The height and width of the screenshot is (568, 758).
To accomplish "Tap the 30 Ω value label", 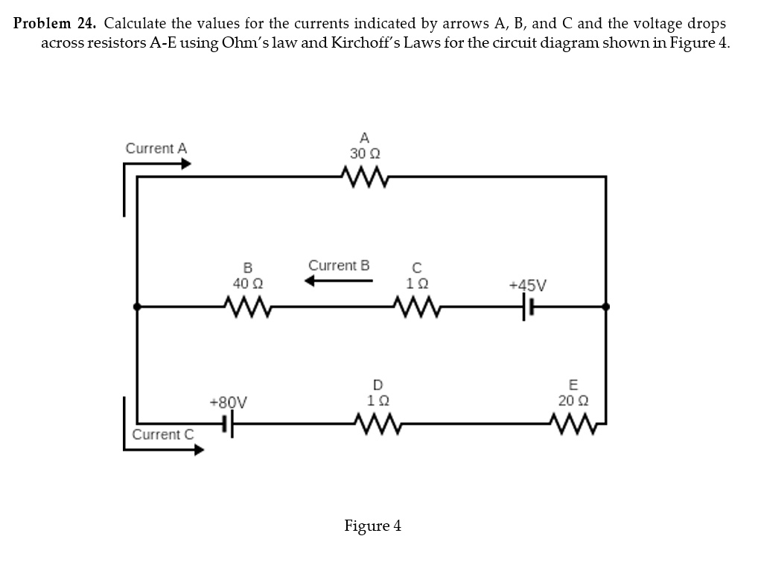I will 365,154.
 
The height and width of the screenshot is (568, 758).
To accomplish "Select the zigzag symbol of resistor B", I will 247,305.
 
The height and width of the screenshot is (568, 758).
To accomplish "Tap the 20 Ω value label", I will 573,401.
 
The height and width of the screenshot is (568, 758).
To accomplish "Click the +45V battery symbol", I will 528,306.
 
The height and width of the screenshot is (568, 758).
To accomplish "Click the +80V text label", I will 229,403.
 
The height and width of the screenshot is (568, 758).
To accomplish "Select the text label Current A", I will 156,148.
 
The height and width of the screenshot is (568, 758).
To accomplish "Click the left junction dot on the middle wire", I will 136,305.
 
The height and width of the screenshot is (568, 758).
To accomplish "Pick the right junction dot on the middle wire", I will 606,305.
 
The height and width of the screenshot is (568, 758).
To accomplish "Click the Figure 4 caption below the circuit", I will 372,526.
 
